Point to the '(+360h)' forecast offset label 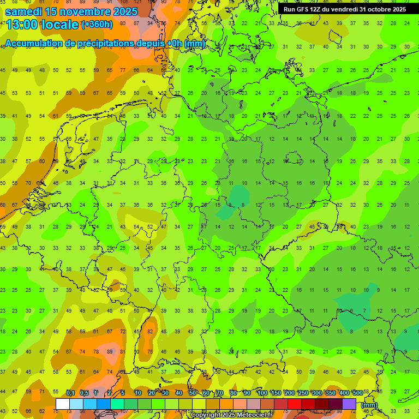97,24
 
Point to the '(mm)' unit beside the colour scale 369,405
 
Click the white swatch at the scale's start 63,404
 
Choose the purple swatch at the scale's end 349,404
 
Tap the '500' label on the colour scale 357,393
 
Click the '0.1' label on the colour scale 70,393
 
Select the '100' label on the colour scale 262,393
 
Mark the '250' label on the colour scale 303,393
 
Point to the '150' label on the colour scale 276,393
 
